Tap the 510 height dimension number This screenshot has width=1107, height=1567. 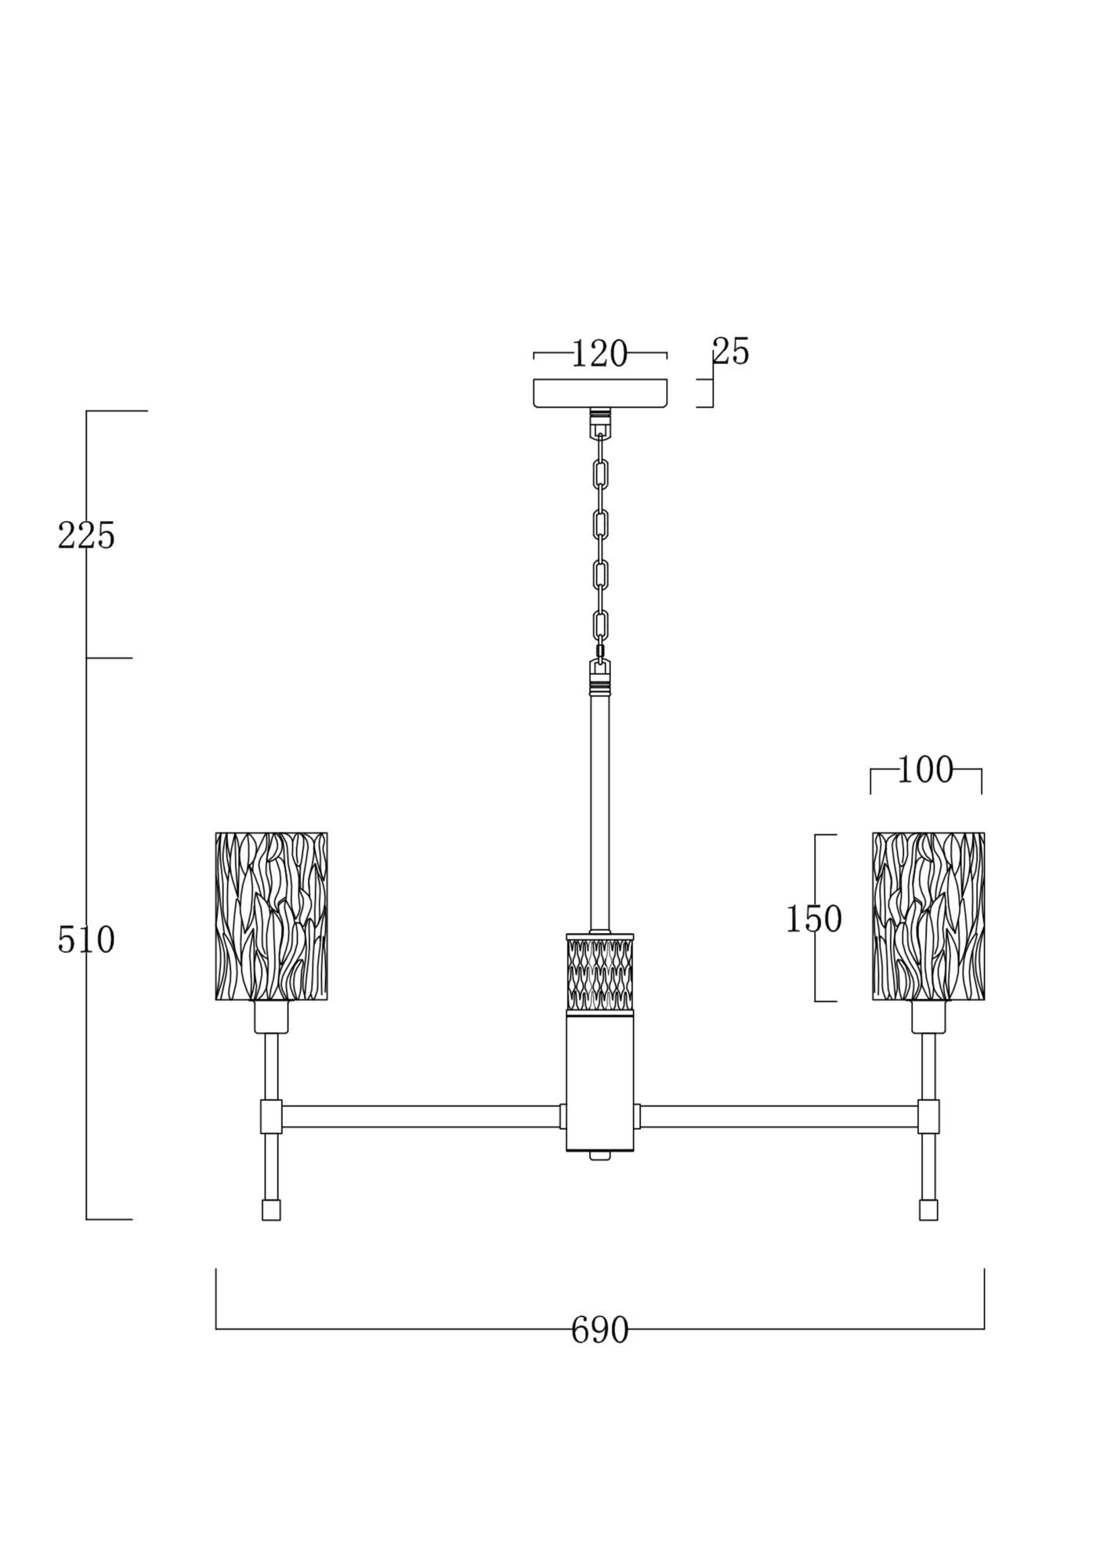pyautogui.click(x=86, y=940)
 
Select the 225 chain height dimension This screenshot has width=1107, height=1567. pyautogui.click(x=86, y=536)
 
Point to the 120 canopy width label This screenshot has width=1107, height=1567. pyautogui.click(x=599, y=354)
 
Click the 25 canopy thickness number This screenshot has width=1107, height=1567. pyautogui.click(x=731, y=352)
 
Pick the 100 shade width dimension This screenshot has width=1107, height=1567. pyautogui.click(x=925, y=770)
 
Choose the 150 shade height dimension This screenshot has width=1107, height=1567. pyautogui.click(x=814, y=919)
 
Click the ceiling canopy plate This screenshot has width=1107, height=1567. pyautogui.click(x=600, y=393)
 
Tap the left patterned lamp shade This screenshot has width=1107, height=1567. pyautogui.click(x=271, y=916)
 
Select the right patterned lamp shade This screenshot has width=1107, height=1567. pyautogui.click(x=928, y=916)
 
